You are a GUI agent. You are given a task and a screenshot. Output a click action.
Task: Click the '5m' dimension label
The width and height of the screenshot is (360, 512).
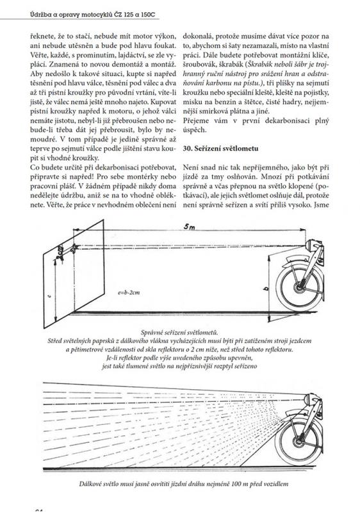pos(189,227)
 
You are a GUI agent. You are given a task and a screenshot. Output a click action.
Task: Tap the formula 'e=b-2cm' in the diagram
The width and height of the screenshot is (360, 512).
pos(128,292)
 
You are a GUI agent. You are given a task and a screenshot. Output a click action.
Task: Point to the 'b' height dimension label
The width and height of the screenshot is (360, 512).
pos(265,288)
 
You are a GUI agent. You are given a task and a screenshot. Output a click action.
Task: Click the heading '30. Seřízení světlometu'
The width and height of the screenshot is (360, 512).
pos(220,148)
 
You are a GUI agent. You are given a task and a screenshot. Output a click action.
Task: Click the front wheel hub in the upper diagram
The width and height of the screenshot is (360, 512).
pos(299,288)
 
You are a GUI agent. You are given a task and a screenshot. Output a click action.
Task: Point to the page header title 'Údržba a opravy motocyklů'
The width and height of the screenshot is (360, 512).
pos(71,15)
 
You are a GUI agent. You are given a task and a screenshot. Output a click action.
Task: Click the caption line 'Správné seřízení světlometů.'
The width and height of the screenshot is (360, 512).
pos(179,333)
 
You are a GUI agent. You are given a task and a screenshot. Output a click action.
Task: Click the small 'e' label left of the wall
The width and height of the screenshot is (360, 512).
pos(48,296)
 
